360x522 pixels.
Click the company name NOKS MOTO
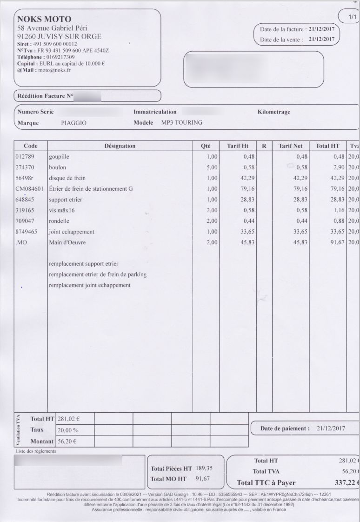[44, 19]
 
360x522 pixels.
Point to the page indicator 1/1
[352, 17]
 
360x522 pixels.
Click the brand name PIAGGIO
[73, 123]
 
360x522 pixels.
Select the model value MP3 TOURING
[182, 123]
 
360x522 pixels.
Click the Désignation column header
[120, 146]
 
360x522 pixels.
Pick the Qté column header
[206, 146]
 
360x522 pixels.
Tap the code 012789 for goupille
[25, 157]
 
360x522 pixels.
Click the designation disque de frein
[67, 178]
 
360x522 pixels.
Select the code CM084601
[29, 189]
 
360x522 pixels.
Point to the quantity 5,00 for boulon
[211, 167]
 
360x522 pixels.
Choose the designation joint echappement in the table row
[72, 232]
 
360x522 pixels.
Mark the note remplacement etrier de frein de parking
[98, 274]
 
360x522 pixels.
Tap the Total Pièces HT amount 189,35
[204, 468]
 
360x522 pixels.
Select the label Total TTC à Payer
[266, 482]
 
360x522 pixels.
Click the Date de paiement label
[285, 428]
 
